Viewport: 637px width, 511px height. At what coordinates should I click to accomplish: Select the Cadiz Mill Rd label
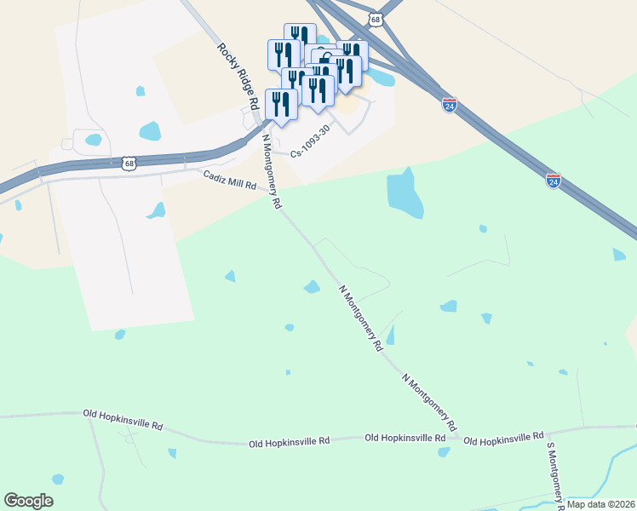coord(229,179)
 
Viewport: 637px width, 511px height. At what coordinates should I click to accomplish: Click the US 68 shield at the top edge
coord(376,17)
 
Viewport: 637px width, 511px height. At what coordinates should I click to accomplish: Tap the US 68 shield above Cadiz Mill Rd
coord(129,163)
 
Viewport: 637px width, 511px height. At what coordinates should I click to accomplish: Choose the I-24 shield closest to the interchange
coord(450,105)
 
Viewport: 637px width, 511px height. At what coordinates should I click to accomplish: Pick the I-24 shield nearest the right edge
coord(554,181)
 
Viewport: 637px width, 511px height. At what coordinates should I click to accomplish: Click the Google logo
coord(28,501)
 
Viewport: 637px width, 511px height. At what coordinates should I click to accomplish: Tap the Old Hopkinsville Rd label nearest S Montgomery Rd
coord(503,438)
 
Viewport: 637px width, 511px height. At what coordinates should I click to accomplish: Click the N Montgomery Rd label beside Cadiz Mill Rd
coord(272,171)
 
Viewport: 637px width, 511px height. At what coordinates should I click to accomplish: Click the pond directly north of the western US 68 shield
coord(150,131)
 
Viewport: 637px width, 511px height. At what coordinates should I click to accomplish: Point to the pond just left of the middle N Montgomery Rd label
coord(312,287)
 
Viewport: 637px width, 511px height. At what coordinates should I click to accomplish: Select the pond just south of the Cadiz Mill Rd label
coord(157,210)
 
